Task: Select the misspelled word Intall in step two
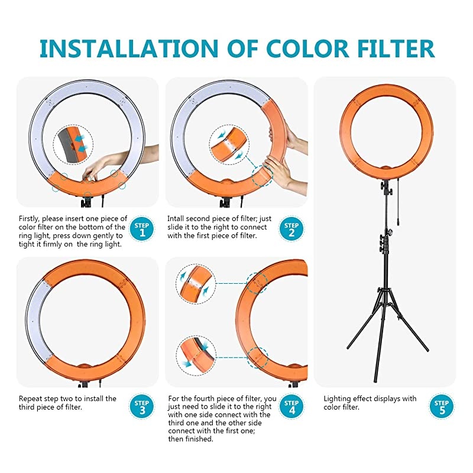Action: pos(176,218)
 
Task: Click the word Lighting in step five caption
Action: pos(338,399)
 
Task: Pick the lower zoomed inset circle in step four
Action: pos(196,355)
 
